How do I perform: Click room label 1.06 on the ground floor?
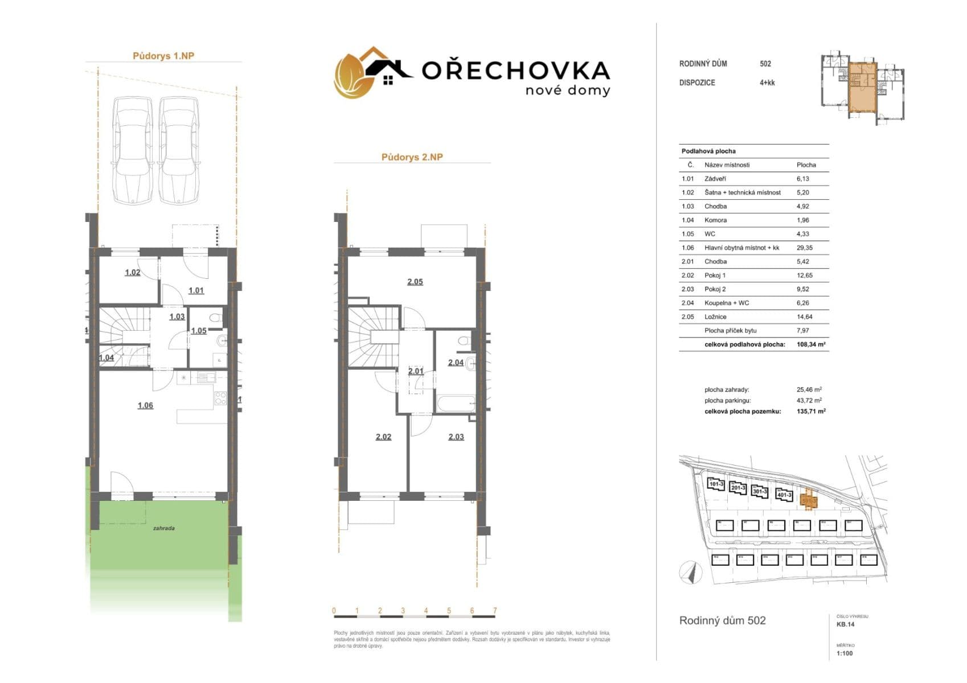tap(145, 406)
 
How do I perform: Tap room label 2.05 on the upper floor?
tap(415, 282)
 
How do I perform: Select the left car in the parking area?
tap(132, 150)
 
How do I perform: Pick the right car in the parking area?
tap(179, 150)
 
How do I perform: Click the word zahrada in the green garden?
tap(164, 528)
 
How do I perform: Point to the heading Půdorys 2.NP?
tap(412, 158)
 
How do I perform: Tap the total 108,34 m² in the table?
tap(811, 344)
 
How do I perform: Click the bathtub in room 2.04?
tap(456, 404)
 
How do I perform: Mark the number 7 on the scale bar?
tap(495, 611)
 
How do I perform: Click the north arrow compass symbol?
tap(691, 571)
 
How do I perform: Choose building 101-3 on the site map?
tap(716, 484)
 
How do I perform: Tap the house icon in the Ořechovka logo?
tap(388, 72)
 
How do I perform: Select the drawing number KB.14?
tap(845, 624)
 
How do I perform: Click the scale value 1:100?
tap(845, 653)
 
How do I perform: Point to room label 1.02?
tap(133, 273)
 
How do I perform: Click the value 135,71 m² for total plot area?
tap(811, 411)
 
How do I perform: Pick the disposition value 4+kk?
tap(767, 83)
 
